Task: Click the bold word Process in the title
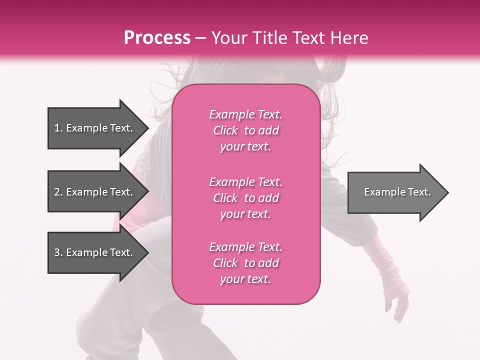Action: click(x=157, y=38)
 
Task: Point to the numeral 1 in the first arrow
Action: click(x=56, y=128)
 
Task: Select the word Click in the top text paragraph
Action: click(x=225, y=130)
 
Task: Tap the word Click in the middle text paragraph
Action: click(x=225, y=198)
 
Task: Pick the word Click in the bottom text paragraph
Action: click(x=225, y=263)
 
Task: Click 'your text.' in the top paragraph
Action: click(x=245, y=147)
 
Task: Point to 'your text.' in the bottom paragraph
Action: click(x=245, y=279)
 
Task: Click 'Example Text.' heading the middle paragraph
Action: click(x=245, y=182)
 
